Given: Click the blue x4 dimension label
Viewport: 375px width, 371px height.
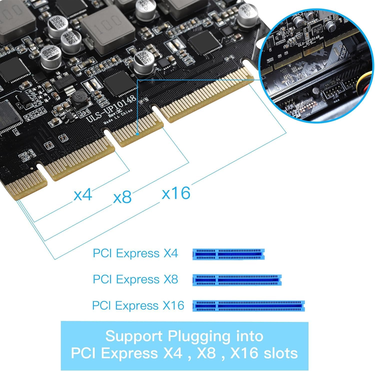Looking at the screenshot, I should coord(83,195).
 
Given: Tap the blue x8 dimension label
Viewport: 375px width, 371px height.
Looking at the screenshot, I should coord(122,198).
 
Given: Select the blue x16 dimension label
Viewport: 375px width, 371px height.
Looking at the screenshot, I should coord(176,193).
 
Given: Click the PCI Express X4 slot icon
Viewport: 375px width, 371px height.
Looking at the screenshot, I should coord(228,254).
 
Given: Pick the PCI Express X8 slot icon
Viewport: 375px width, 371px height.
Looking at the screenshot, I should coord(237,280).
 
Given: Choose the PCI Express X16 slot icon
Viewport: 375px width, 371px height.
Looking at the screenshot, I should coord(248,306).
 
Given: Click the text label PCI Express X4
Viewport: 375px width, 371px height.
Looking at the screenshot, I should coord(135,253).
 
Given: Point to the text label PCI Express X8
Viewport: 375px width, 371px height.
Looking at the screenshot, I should coord(135,279).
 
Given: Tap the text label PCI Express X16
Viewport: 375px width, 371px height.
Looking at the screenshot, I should coord(138,305).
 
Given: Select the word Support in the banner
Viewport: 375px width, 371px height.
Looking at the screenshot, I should coord(134,336).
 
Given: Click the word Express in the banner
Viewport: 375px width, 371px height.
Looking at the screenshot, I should coord(129,353).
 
